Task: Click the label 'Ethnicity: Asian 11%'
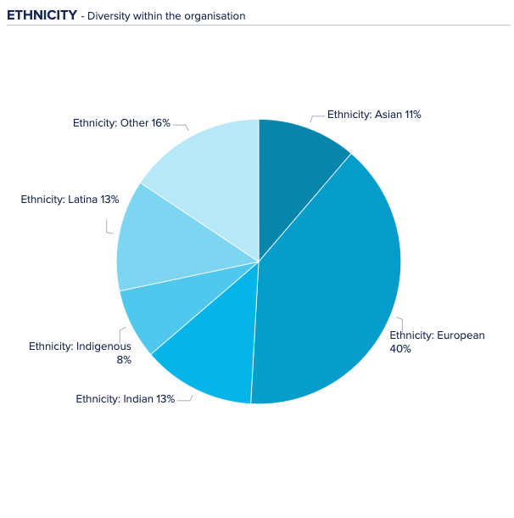[374, 114]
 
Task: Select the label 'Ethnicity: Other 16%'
[121, 123]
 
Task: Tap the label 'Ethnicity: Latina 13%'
[70, 200]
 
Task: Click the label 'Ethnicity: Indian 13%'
[125, 398]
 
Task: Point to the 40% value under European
[400, 348]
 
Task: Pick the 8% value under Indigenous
[124, 359]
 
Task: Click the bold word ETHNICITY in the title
[42, 15]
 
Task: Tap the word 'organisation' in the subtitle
[215, 16]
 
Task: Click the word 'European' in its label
[461, 335]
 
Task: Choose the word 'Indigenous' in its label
[103, 346]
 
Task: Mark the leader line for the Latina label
[108, 227]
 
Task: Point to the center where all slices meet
[259, 262]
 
